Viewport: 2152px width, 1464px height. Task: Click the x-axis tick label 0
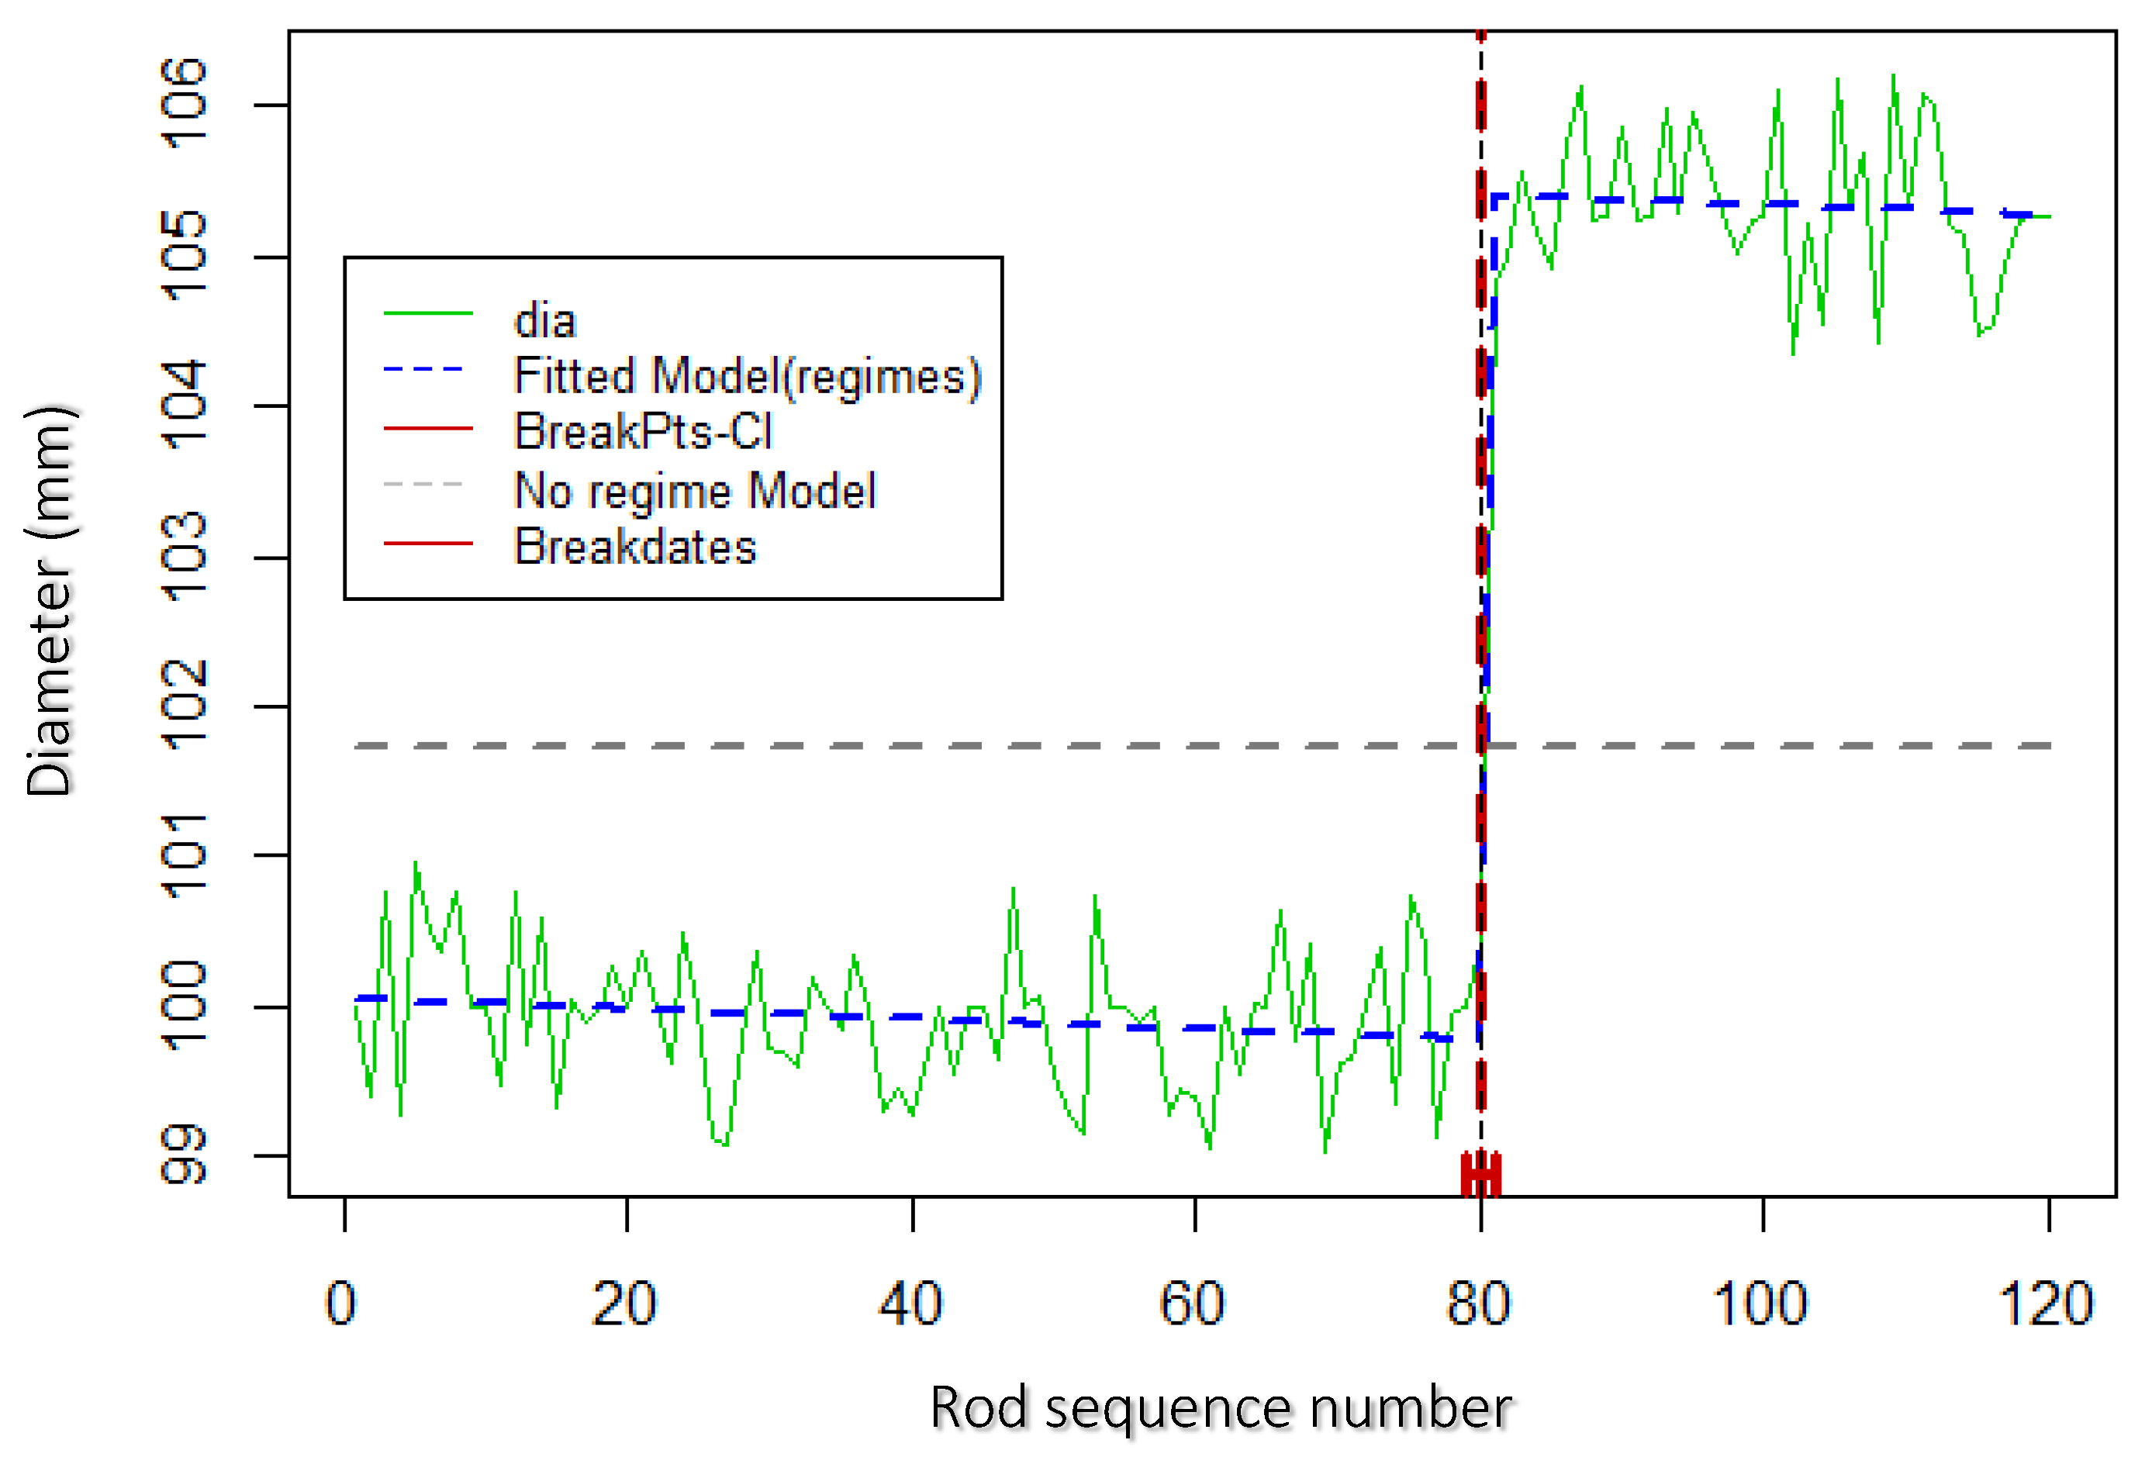340,1303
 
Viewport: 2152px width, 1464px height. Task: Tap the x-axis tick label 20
624,1303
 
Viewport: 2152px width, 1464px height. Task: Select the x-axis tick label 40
910,1303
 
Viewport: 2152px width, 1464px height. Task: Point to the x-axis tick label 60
1193,1303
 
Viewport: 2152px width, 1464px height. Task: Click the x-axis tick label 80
1479,1303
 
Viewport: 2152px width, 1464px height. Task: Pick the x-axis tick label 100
1760,1303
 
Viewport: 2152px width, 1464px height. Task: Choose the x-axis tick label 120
2047,1303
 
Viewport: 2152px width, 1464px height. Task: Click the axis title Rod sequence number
1221,1407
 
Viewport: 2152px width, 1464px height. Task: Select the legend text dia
545,320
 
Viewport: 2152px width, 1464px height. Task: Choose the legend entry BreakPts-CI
643,431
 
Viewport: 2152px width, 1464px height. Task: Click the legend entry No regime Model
695,490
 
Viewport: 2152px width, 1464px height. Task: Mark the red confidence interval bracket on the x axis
1480,1174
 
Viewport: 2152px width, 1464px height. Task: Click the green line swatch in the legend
428,315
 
